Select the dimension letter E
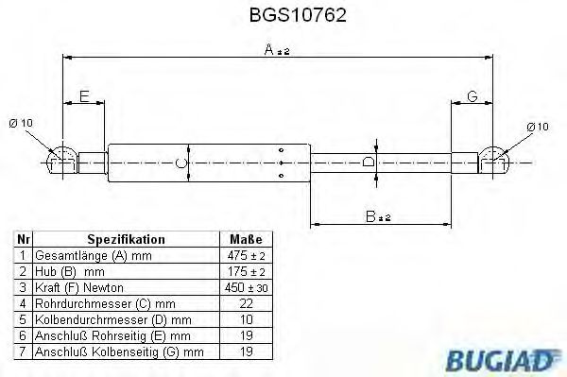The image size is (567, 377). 83,97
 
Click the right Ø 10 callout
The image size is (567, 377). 537,126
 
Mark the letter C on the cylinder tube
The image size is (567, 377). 183,163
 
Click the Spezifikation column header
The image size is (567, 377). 126,240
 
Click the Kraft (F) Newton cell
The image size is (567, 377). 79,287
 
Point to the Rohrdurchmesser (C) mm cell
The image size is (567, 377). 103,303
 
